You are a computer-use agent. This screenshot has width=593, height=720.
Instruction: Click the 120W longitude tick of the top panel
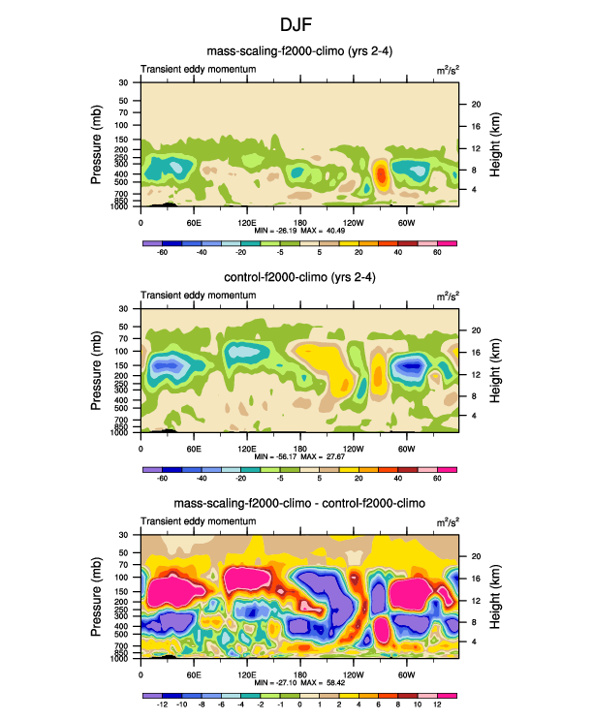click(x=353, y=221)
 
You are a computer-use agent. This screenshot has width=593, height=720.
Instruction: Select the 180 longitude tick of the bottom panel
click(x=299, y=674)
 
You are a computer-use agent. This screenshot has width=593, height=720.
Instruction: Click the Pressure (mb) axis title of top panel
click(x=97, y=145)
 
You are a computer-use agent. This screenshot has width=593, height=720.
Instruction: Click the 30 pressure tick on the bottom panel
click(x=124, y=535)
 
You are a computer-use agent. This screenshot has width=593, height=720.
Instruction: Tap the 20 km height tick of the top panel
click(x=476, y=104)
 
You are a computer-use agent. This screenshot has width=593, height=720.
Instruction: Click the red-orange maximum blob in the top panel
click(x=381, y=175)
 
